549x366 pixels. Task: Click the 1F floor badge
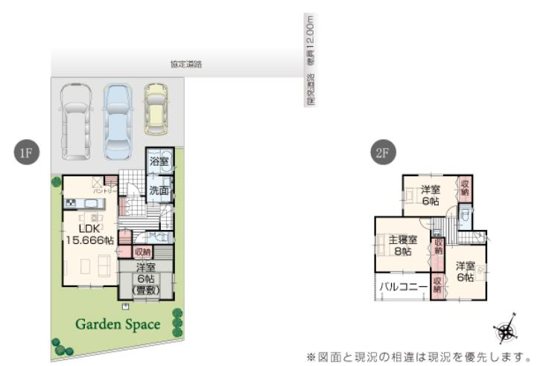(25, 153)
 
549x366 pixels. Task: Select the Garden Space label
(117, 324)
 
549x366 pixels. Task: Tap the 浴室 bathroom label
(158, 161)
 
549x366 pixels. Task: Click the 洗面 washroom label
(158, 190)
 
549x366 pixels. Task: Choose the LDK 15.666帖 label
(89, 234)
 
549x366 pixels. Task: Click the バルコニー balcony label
(402, 286)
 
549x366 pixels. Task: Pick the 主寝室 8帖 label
(402, 245)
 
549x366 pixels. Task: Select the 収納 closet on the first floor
(143, 252)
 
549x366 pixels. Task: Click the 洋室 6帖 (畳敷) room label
(145, 279)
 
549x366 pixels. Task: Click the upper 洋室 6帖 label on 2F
(429, 195)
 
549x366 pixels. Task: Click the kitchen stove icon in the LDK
(71, 203)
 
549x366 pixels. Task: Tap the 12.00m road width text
(310, 37)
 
